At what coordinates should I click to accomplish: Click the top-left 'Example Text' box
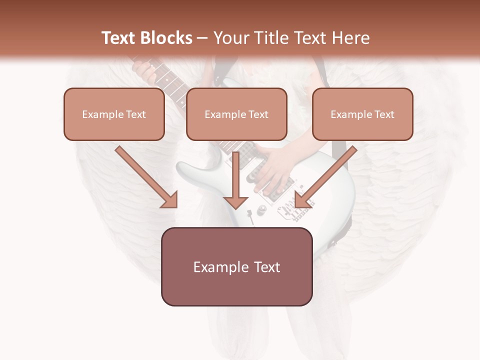click(x=114, y=114)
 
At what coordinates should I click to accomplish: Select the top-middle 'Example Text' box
click(x=236, y=114)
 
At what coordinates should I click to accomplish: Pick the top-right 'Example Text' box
click(x=362, y=114)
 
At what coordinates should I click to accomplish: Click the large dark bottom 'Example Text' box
click(x=237, y=267)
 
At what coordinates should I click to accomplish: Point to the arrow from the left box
click(x=145, y=176)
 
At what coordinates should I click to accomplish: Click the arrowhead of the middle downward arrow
click(x=236, y=201)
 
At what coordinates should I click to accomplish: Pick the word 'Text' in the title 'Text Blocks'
click(x=118, y=38)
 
